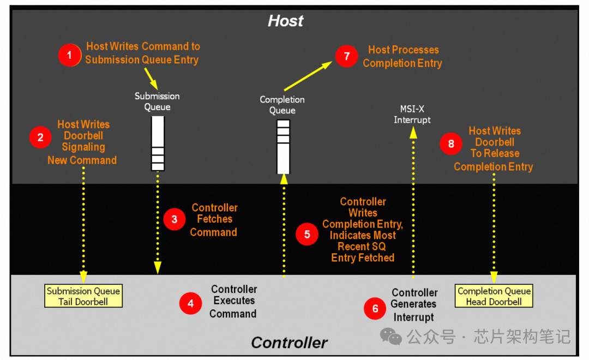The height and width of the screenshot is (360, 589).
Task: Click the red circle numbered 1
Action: point(69,55)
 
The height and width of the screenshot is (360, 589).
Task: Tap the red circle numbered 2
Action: point(40,137)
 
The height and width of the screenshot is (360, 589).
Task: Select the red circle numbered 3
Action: point(175,219)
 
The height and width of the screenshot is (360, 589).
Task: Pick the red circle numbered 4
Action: point(190,303)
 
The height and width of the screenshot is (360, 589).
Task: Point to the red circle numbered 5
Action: point(307,234)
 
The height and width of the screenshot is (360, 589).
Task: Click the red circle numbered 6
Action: point(375,308)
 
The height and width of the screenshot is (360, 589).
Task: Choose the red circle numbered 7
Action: point(346,56)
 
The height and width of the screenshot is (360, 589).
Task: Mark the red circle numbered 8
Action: point(451,143)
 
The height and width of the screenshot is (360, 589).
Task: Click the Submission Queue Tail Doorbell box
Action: point(83,296)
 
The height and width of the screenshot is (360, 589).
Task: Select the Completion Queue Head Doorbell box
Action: point(494,296)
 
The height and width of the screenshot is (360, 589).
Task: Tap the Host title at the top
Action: point(285,21)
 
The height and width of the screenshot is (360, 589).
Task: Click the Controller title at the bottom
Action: point(289,343)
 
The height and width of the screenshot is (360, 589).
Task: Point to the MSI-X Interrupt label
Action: point(412,115)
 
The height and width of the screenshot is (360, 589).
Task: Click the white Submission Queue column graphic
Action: point(158,143)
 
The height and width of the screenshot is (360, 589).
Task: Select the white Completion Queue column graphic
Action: point(283,146)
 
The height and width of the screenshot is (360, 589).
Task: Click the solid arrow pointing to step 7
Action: point(308,76)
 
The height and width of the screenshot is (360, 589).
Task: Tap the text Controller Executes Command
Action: point(233,302)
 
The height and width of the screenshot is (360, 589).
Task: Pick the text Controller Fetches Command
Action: point(214,220)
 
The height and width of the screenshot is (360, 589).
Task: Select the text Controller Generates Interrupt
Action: point(414,305)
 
